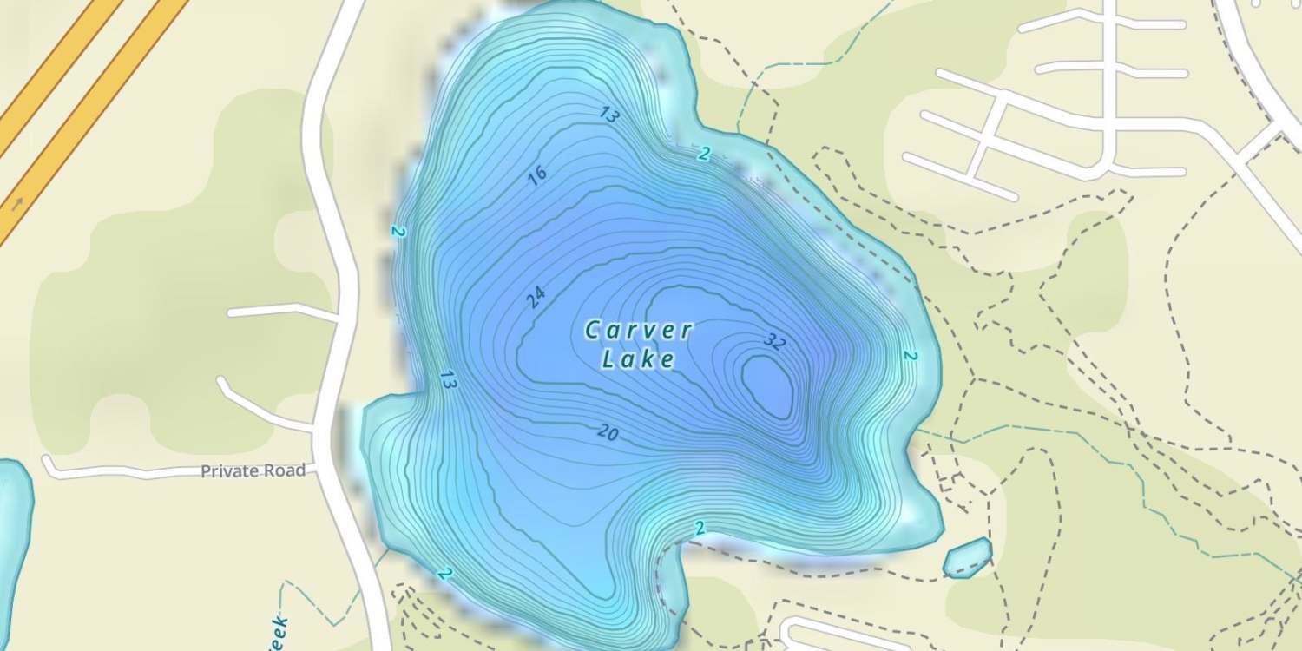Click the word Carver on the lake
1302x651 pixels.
point(639,331)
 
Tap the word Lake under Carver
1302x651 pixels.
point(639,359)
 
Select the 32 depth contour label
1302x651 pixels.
point(775,342)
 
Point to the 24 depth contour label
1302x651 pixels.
point(536,299)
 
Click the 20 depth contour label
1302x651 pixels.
point(608,432)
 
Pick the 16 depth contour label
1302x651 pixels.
point(537,174)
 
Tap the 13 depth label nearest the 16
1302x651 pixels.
point(609,115)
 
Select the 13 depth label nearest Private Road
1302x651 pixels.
point(448,379)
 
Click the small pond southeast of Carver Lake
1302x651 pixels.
point(967,557)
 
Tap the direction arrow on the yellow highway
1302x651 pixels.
point(16,205)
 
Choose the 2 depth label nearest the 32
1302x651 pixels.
point(910,356)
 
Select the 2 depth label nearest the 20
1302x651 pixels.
point(700,528)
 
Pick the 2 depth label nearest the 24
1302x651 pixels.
point(398,232)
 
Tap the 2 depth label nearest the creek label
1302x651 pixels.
point(445,574)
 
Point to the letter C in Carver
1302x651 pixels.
point(593,331)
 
